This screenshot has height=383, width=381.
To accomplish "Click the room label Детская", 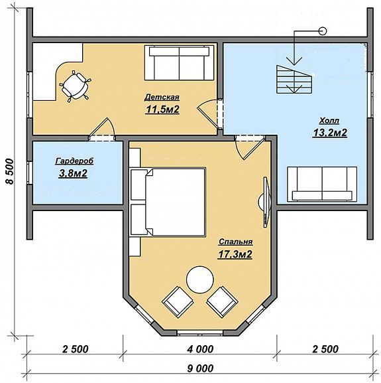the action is click(162, 97).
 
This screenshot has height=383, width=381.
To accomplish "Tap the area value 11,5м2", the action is click(162, 110).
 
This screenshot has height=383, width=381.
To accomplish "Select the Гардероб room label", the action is click(75, 161).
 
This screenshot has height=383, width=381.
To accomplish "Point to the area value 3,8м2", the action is click(73, 173).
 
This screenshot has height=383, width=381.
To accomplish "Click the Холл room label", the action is click(329, 121).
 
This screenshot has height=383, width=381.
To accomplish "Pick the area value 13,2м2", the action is click(330, 133).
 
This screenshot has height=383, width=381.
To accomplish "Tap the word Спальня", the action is click(235, 242).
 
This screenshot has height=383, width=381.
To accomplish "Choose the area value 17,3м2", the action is click(235, 254).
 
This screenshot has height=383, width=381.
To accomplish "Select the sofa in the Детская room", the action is click(179, 62).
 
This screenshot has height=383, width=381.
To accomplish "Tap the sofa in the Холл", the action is click(322, 185).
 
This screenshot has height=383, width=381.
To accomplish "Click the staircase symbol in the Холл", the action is click(294, 79).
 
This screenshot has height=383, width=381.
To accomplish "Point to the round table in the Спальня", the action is click(200, 279).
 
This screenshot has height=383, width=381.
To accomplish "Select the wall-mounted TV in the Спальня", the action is click(265, 202).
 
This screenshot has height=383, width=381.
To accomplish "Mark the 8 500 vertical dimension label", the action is click(10, 171).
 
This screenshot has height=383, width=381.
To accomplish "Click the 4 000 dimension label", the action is click(200, 349).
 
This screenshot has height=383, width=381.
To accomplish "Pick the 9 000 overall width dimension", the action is click(200, 368).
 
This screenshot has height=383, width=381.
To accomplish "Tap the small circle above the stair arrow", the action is click(323, 31).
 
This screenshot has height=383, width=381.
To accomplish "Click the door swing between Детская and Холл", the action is click(207, 114).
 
